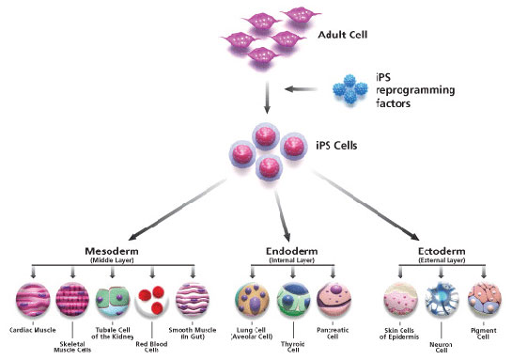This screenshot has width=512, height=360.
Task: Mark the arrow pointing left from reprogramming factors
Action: point(305,91)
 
